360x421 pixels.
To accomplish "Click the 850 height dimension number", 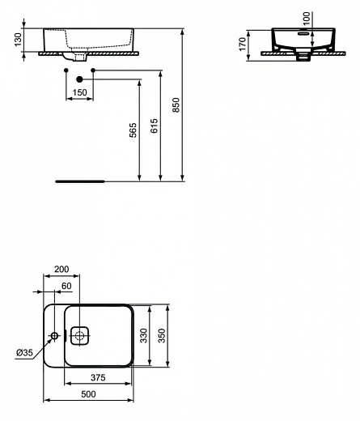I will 176,105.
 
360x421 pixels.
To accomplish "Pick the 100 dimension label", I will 306,18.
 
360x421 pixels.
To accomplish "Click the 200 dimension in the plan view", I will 61,270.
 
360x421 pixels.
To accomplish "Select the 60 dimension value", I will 67,287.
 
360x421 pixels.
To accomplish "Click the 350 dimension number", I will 162,336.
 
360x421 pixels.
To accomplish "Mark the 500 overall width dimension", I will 89,393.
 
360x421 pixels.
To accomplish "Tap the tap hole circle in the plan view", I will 54,335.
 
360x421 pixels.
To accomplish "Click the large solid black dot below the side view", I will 79,79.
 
